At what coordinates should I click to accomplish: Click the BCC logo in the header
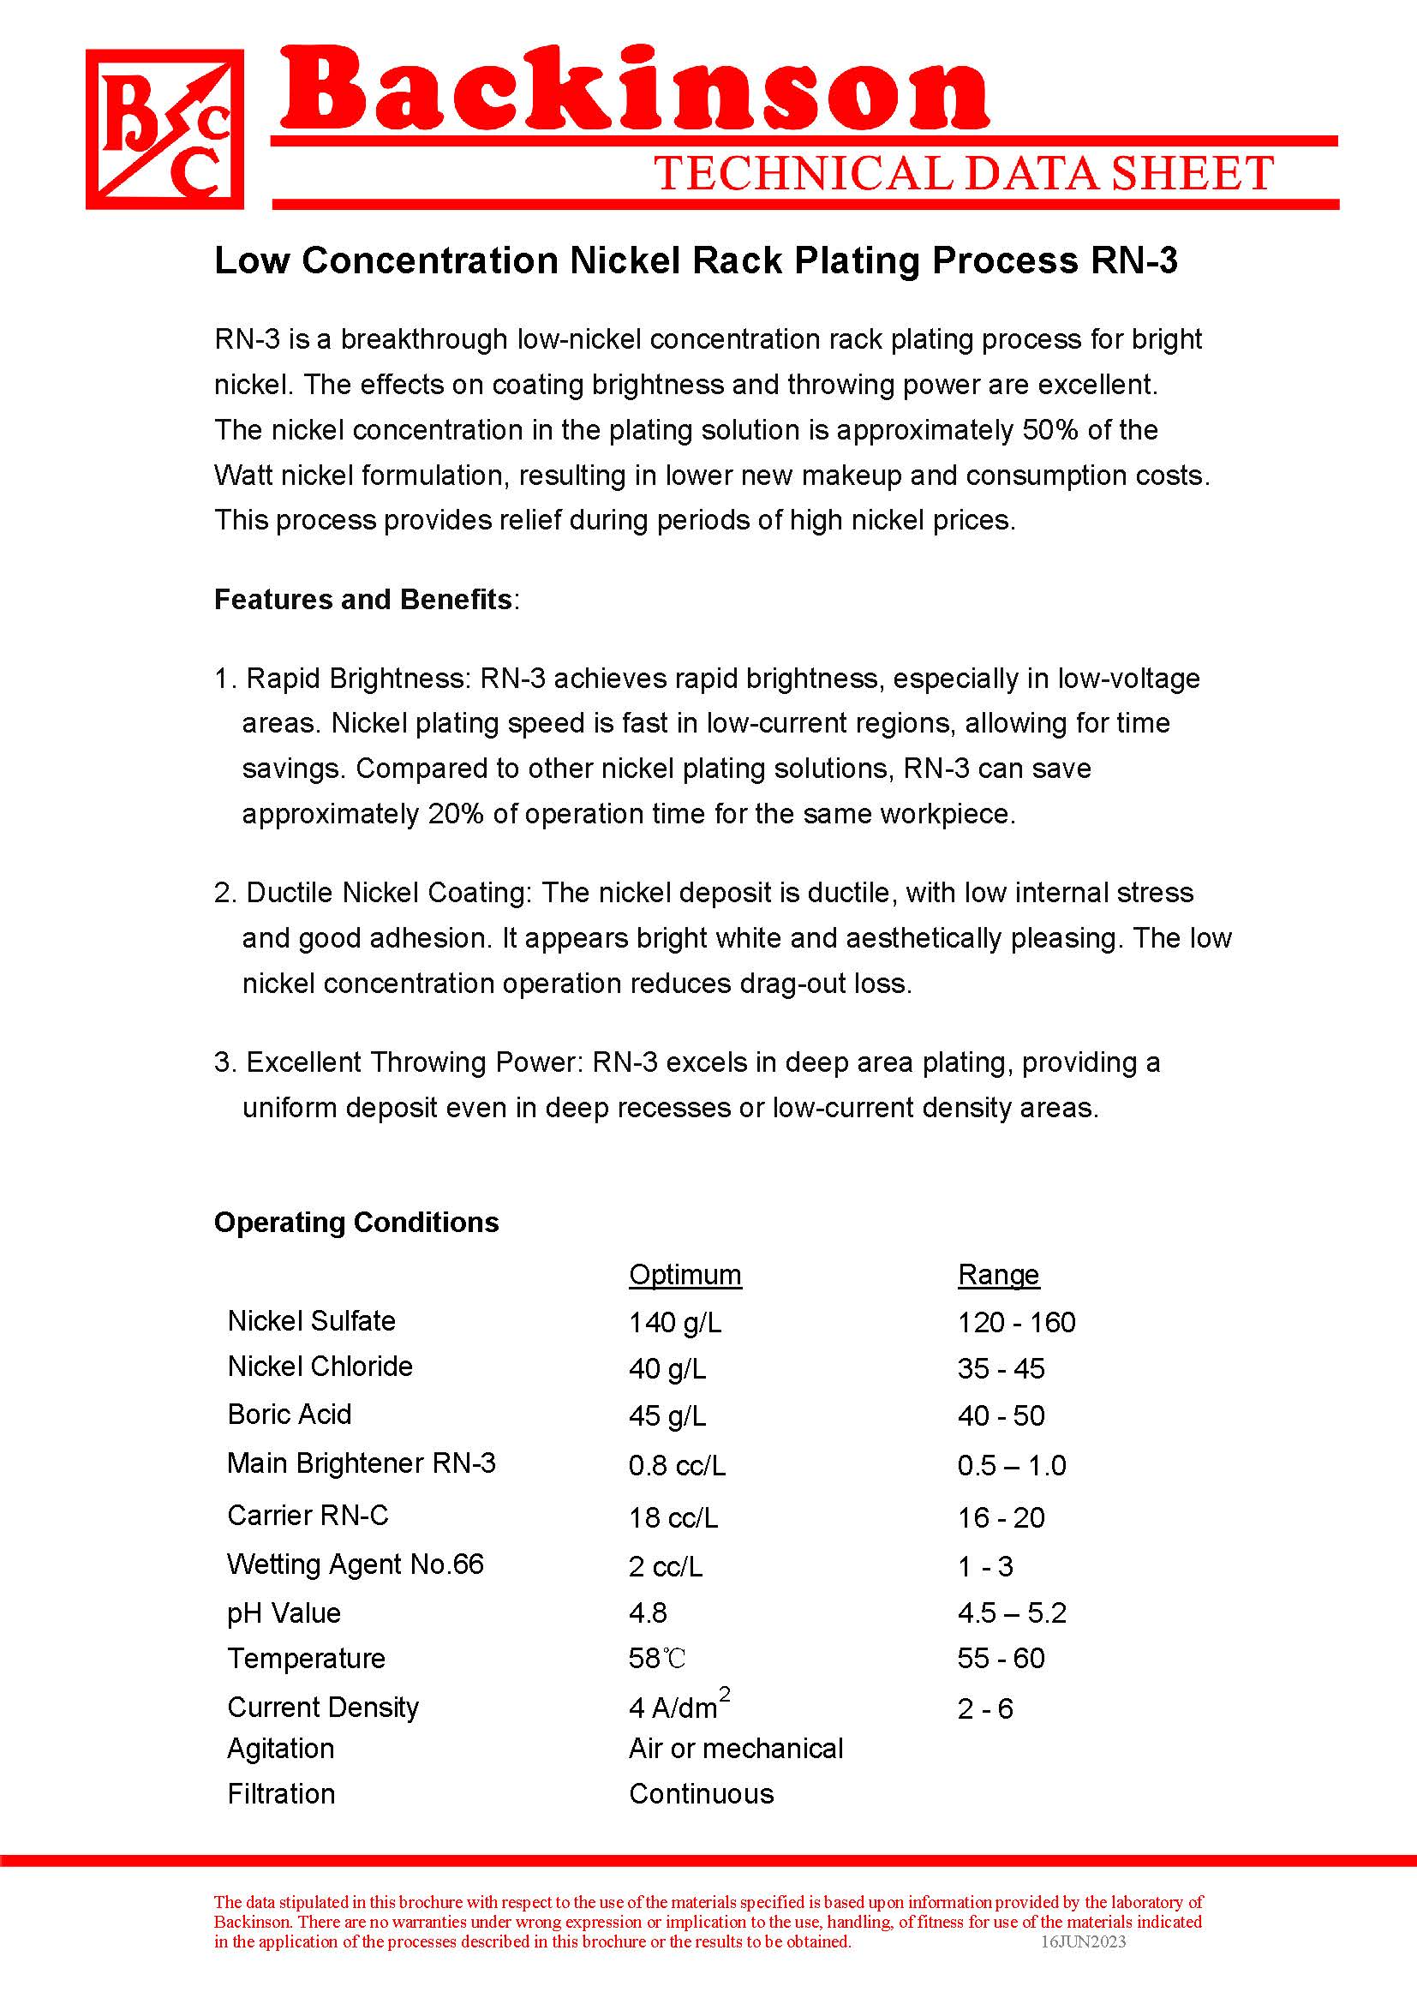coord(164,129)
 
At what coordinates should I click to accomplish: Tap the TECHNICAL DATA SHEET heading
coord(963,173)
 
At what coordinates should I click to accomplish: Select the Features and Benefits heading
coord(364,600)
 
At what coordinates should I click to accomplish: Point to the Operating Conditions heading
coord(356,1222)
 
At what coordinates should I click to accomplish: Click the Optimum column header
coord(685,1274)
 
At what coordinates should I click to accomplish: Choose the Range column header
coord(998,1274)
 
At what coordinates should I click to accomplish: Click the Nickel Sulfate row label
coord(312,1320)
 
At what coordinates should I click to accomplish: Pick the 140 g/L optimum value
coord(675,1322)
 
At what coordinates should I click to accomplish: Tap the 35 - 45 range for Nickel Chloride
coord(1001,1368)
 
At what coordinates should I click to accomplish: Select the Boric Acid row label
coord(289,1414)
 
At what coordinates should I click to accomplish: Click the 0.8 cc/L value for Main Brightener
coord(677,1465)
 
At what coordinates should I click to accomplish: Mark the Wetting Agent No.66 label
coord(356,1564)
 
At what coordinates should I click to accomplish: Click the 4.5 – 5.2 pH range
coord(1011,1612)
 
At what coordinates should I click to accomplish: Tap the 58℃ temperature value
coord(657,1659)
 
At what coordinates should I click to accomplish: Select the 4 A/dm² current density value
coord(679,1707)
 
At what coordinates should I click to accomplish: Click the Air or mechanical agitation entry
coord(736,1749)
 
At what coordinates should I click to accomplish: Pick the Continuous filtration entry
coord(702,1793)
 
